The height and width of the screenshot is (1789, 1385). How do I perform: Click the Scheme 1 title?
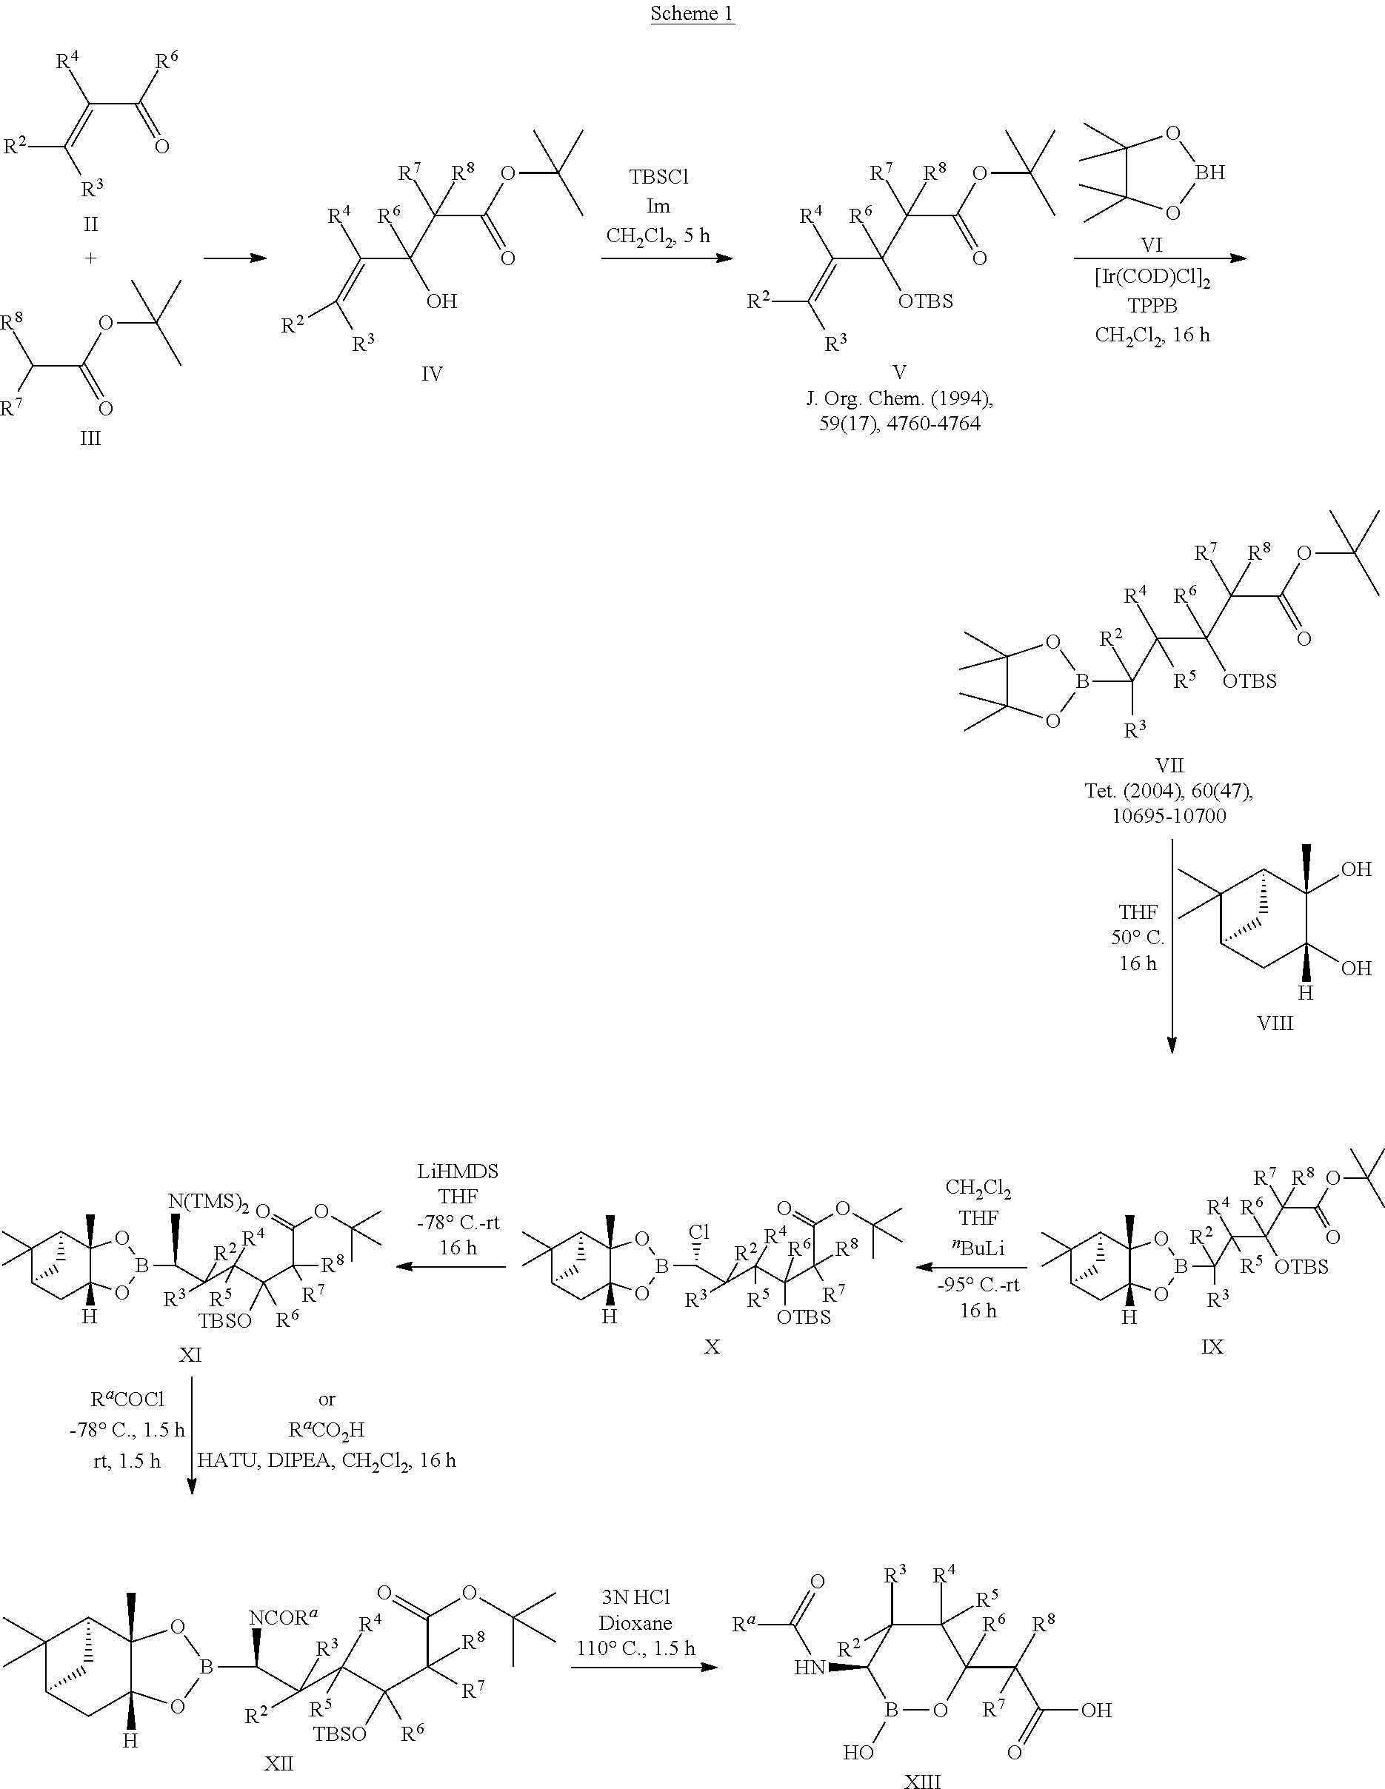692,13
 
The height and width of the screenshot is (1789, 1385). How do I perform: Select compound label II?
90,224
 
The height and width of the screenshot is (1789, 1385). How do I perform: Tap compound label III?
90,438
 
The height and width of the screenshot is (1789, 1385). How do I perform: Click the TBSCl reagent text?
659,177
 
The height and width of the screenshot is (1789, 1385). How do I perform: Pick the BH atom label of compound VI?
1209,172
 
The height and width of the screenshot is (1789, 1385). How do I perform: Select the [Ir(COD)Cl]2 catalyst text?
1152,278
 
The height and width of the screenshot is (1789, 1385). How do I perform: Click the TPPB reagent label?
1152,306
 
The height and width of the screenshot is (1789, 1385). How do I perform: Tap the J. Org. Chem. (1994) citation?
900,399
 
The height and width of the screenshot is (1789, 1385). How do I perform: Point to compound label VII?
1169,765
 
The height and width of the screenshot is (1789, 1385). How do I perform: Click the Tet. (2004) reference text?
1169,791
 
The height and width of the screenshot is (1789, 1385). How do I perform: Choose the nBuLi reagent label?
978,1248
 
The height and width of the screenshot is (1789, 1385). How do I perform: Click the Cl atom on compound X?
698,1232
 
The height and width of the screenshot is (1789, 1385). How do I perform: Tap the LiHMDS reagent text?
457,1171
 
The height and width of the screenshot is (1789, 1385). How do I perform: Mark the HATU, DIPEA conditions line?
326,1459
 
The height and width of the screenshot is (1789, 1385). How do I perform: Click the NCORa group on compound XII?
284,1617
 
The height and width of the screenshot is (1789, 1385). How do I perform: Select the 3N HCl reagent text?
635,1596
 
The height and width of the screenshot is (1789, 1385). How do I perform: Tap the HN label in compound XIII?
809,1668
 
